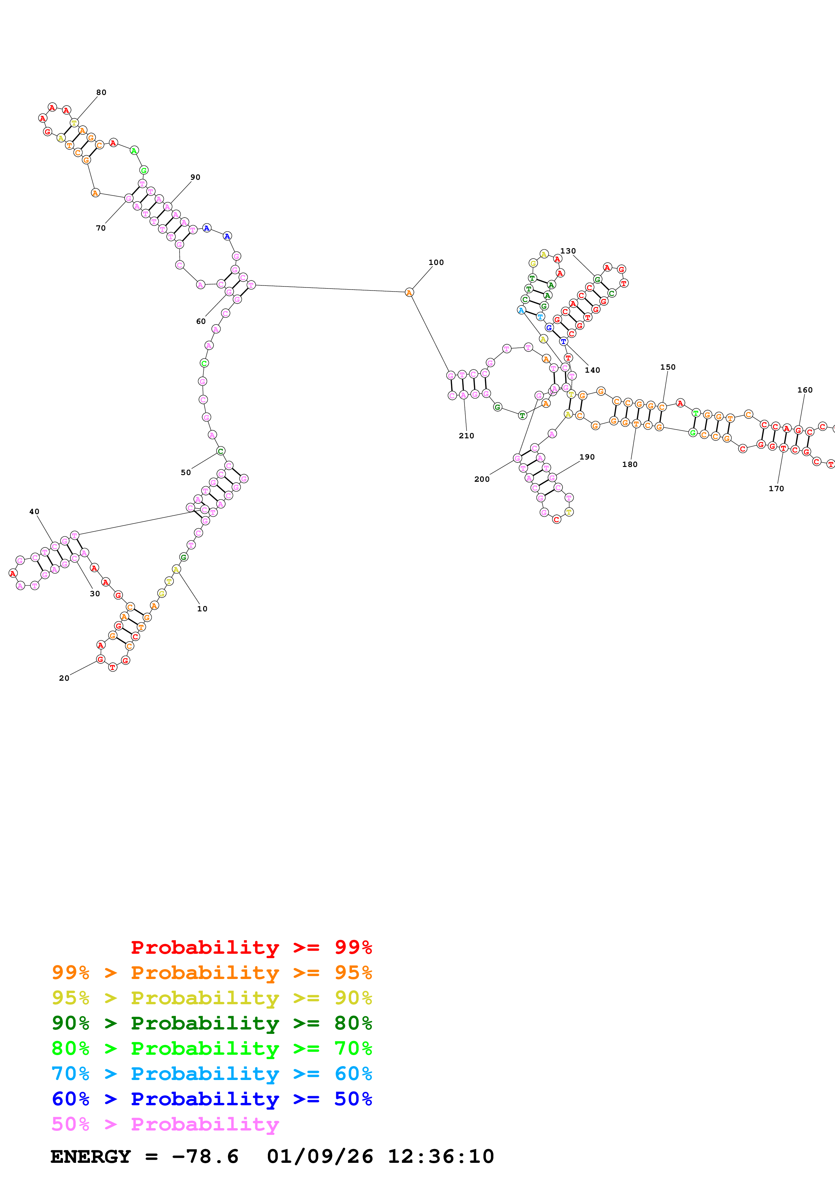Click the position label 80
101,93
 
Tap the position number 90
195,177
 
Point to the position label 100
436,262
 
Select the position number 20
64,678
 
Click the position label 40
34,511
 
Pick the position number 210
466,436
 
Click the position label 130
568,251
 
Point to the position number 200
482,479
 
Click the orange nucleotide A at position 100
409,293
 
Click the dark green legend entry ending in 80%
212,1023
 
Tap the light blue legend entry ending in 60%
212,1074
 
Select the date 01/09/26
320,1156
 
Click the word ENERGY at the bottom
91,1156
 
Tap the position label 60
201,322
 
